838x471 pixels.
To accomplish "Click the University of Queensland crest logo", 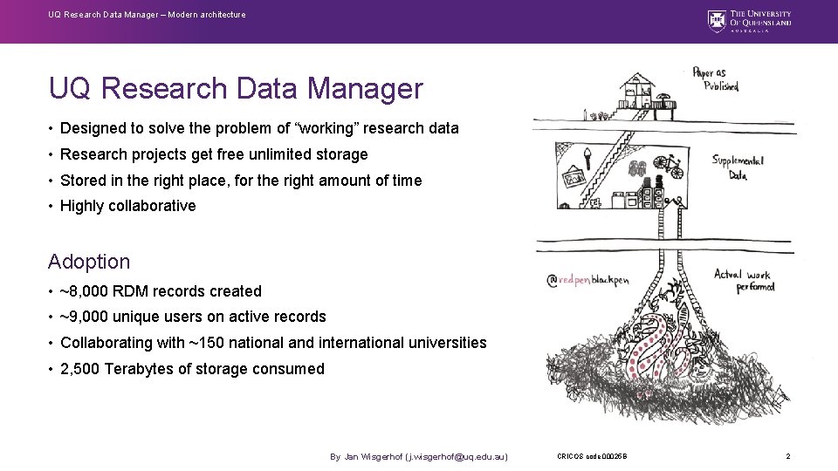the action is [x=717, y=20].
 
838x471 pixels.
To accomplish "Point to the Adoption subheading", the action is [x=89, y=262].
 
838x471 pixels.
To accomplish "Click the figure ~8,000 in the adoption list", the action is [x=86, y=291].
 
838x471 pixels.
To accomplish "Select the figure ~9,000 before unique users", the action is [x=86, y=317].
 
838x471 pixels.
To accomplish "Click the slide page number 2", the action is [x=787, y=456].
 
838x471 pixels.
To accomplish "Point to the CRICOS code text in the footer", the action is [x=591, y=456].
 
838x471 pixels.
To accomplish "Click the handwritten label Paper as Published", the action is [x=716, y=78].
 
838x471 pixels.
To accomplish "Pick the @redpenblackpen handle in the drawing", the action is [x=587, y=280].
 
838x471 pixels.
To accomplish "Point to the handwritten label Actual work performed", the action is [x=743, y=281].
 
